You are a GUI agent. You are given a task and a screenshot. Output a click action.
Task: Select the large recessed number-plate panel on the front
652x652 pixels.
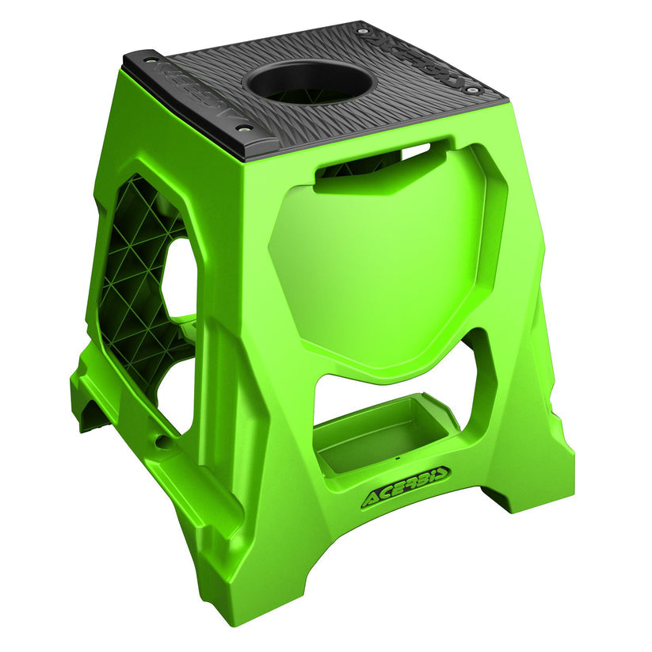pos(380,261)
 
